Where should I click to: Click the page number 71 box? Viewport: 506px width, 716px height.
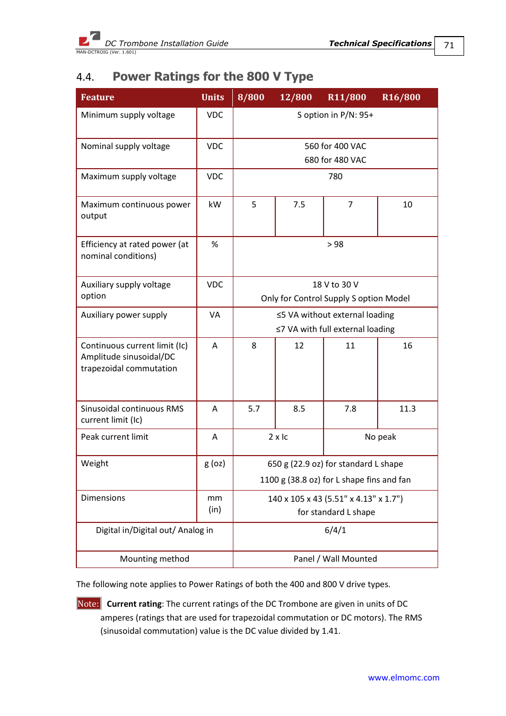click(x=449, y=46)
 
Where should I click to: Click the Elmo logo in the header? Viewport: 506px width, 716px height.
click(x=89, y=39)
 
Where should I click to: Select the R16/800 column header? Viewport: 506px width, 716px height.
click(x=401, y=98)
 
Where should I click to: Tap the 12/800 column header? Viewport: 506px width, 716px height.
click(x=295, y=98)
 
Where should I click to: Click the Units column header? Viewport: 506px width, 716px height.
click(x=213, y=98)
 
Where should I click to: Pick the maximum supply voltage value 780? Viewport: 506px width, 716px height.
click(x=335, y=177)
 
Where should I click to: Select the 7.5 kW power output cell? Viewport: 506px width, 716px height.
click(x=299, y=205)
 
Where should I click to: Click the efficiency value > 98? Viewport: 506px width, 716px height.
click(x=335, y=245)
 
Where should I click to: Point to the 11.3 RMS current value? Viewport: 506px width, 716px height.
click(x=407, y=409)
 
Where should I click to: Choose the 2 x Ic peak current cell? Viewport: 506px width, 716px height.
click(x=278, y=437)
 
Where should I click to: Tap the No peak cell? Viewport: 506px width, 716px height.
click(x=380, y=437)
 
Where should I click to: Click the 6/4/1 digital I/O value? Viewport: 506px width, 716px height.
click(x=335, y=530)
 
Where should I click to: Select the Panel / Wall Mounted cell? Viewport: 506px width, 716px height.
click(x=335, y=559)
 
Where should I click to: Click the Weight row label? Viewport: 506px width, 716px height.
click(x=95, y=464)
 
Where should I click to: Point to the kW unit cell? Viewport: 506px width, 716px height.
click(x=215, y=205)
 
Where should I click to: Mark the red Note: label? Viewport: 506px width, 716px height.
click(x=88, y=604)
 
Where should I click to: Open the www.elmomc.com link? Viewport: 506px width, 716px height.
click(x=404, y=678)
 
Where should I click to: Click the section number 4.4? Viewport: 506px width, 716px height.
click(x=85, y=77)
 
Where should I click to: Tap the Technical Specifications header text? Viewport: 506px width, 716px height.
click(x=380, y=43)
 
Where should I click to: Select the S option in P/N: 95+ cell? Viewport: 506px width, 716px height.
click(x=335, y=115)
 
